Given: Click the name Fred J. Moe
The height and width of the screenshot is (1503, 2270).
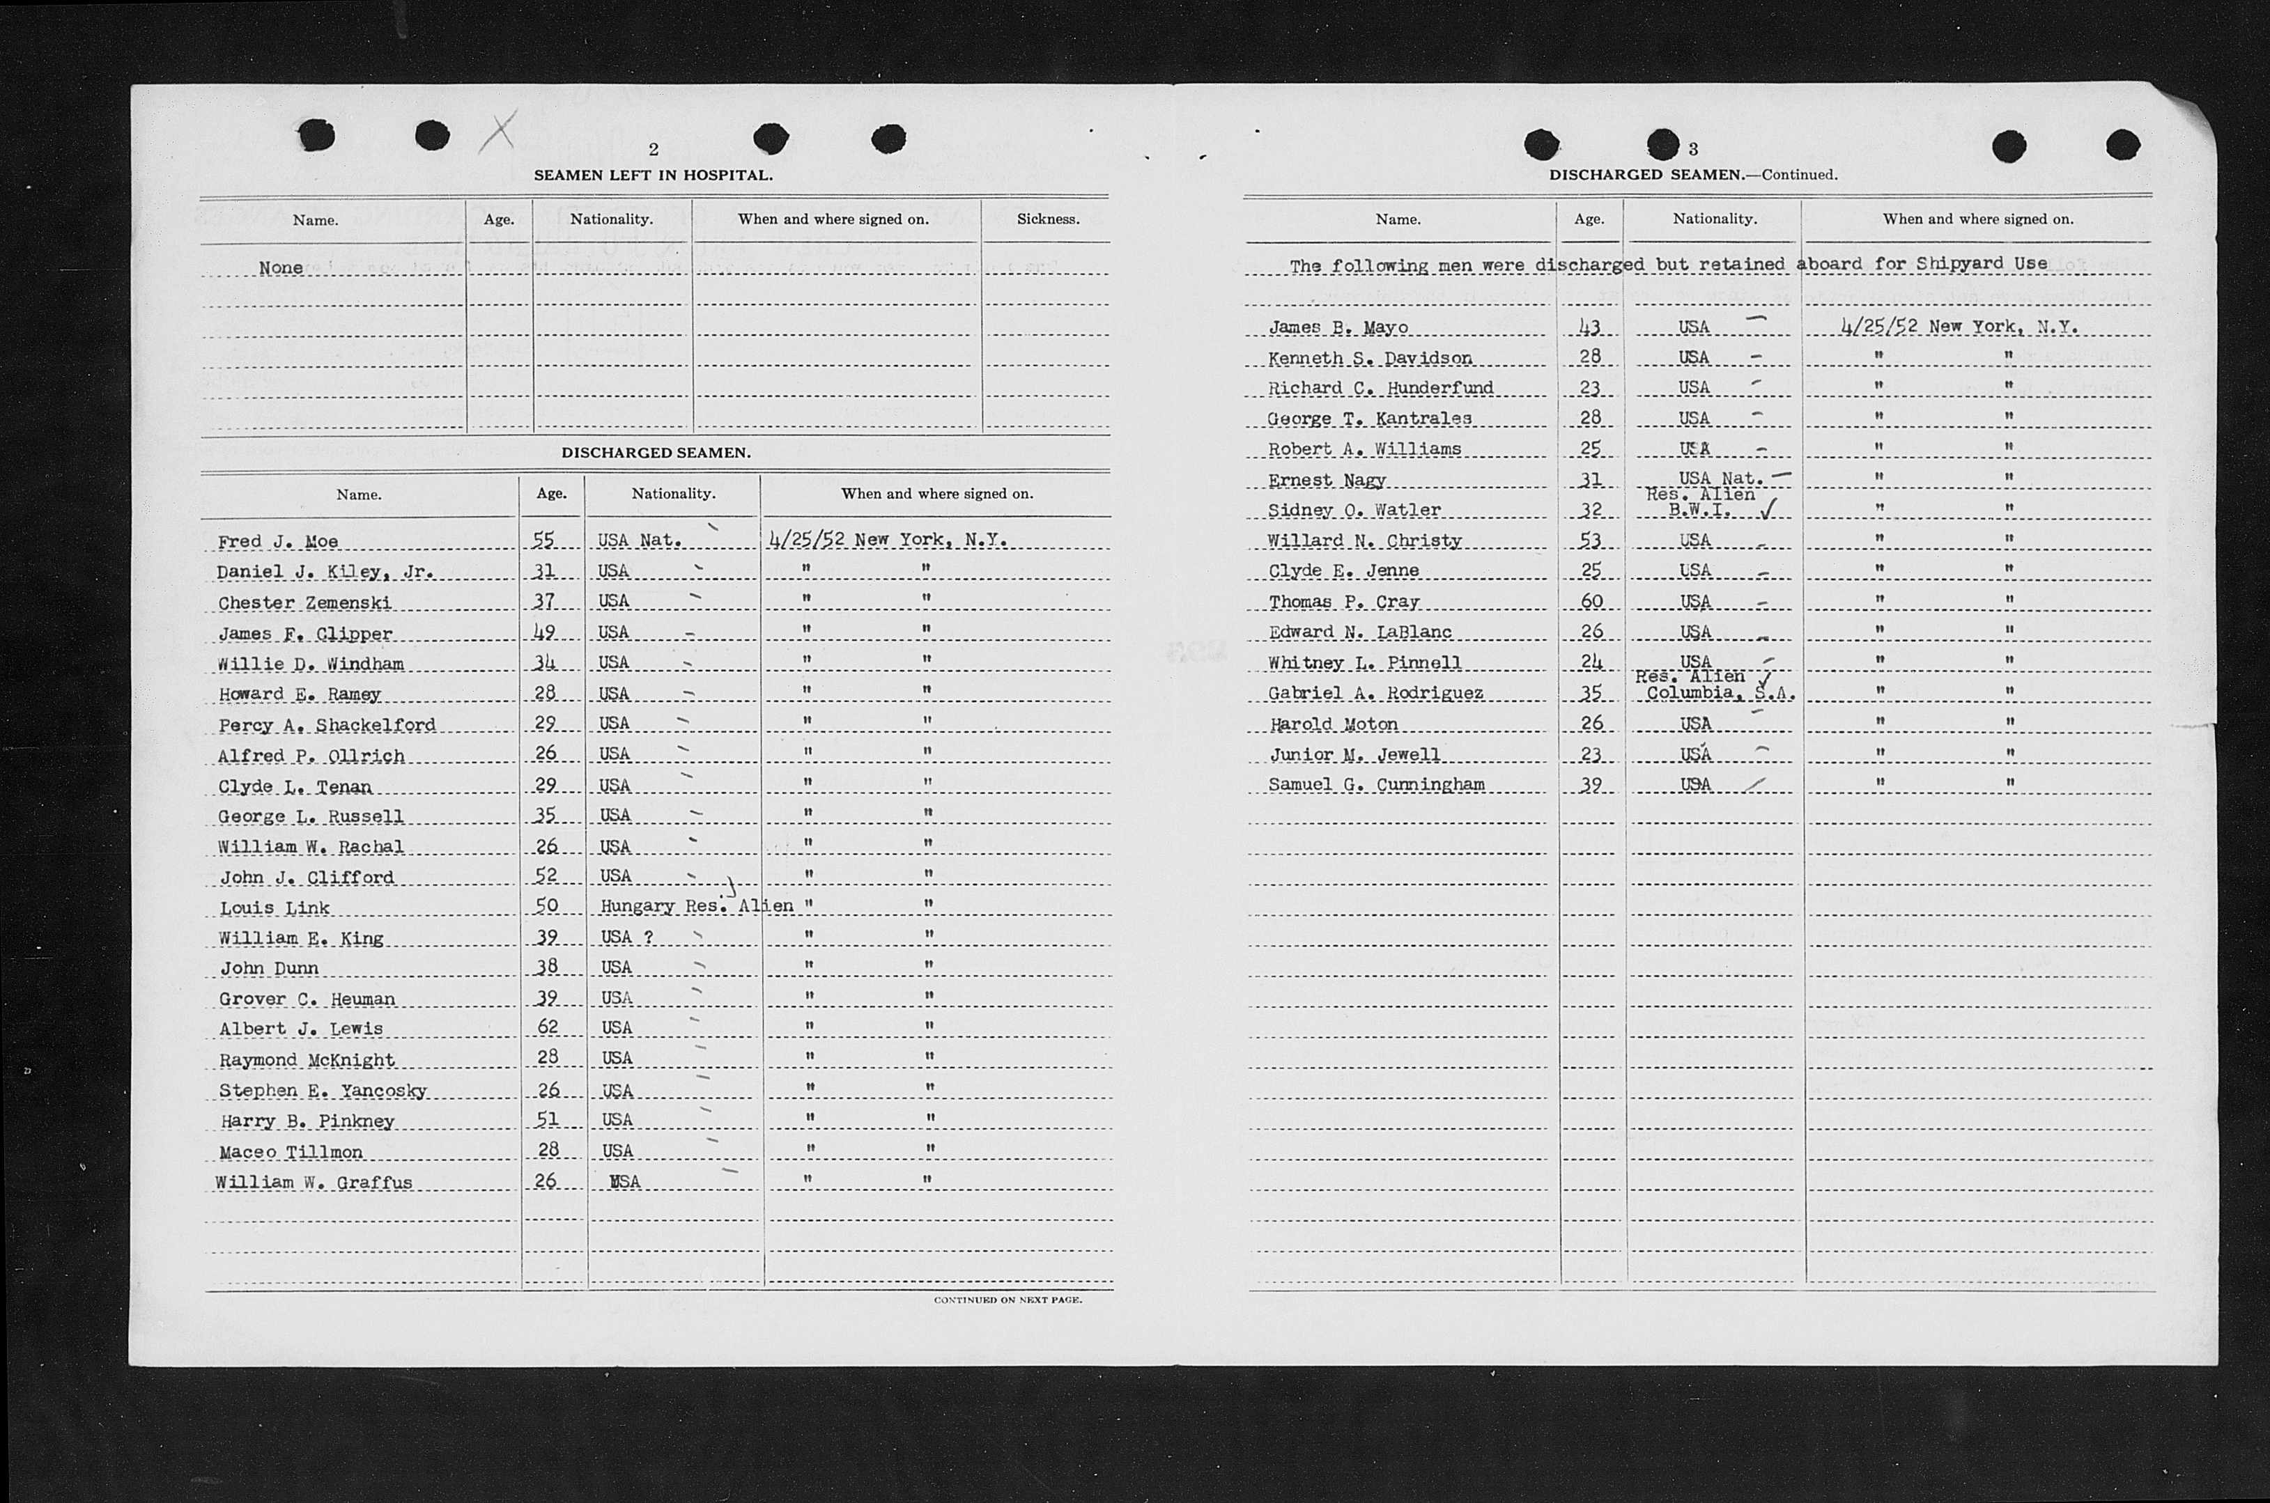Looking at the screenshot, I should coord(278,542).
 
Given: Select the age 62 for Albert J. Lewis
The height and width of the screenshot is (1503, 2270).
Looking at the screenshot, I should coord(546,1027).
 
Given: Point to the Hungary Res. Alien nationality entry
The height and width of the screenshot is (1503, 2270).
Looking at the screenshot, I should coord(696,906).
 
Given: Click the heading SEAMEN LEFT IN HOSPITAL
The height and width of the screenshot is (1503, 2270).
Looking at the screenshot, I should coord(653,176).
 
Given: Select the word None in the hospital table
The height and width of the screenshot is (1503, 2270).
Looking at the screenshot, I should coord(281,267).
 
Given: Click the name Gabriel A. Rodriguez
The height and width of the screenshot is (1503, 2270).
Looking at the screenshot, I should coord(1375,693).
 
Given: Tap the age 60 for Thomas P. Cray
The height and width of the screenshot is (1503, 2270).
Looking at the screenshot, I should coord(1591,601).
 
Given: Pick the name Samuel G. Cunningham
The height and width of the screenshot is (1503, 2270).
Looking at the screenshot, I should coord(1375,784).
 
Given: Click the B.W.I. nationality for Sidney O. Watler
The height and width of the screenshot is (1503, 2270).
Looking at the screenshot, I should coord(1699,510).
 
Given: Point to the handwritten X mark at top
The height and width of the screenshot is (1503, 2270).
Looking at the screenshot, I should coord(497,132).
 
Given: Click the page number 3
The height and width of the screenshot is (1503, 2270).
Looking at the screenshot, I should coord(1694,148).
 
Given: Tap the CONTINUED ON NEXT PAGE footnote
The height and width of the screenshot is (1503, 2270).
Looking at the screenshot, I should coord(1007,1300).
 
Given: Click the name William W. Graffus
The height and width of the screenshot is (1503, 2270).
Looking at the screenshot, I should coord(314,1182).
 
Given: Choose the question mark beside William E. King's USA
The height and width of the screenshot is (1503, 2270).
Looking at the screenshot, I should coord(649,937).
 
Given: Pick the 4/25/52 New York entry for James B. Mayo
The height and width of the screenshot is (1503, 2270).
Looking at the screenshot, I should coord(1959,327).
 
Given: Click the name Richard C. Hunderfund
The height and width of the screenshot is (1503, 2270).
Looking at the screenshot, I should coord(1380,388).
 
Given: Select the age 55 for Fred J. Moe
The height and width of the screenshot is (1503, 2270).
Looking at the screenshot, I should coord(543,540).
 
